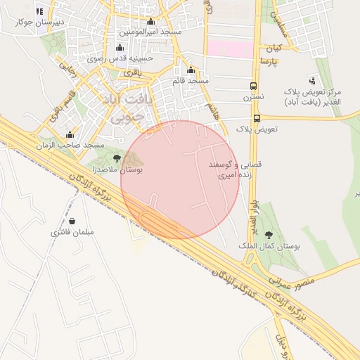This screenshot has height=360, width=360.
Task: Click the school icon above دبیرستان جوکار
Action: point(39,12)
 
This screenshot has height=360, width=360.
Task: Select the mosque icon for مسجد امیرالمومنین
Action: point(150,22)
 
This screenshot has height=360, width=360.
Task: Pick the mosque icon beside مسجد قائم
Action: point(191,70)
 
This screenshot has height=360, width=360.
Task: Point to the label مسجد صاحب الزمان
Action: point(71,145)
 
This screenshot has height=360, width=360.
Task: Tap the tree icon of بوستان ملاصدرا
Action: point(117,158)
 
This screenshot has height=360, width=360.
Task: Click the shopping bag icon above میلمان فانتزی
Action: point(72,221)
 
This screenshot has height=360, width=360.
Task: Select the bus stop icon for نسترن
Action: point(253,86)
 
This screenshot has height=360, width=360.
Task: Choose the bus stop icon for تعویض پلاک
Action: point(257,118)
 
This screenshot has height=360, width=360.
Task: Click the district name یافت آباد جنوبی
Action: point(127,108)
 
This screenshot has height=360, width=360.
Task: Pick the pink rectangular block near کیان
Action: point(229,49)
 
